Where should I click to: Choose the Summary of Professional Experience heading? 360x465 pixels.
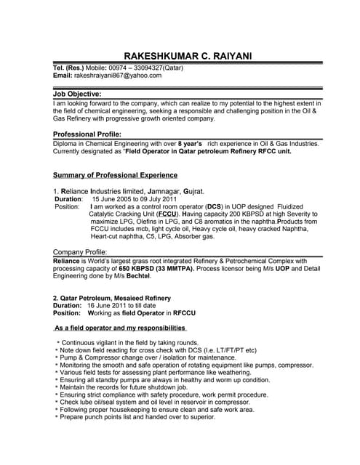116,175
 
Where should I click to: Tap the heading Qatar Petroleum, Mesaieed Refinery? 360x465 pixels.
112,298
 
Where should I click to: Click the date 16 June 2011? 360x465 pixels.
109,306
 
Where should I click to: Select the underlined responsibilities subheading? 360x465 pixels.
136,328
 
